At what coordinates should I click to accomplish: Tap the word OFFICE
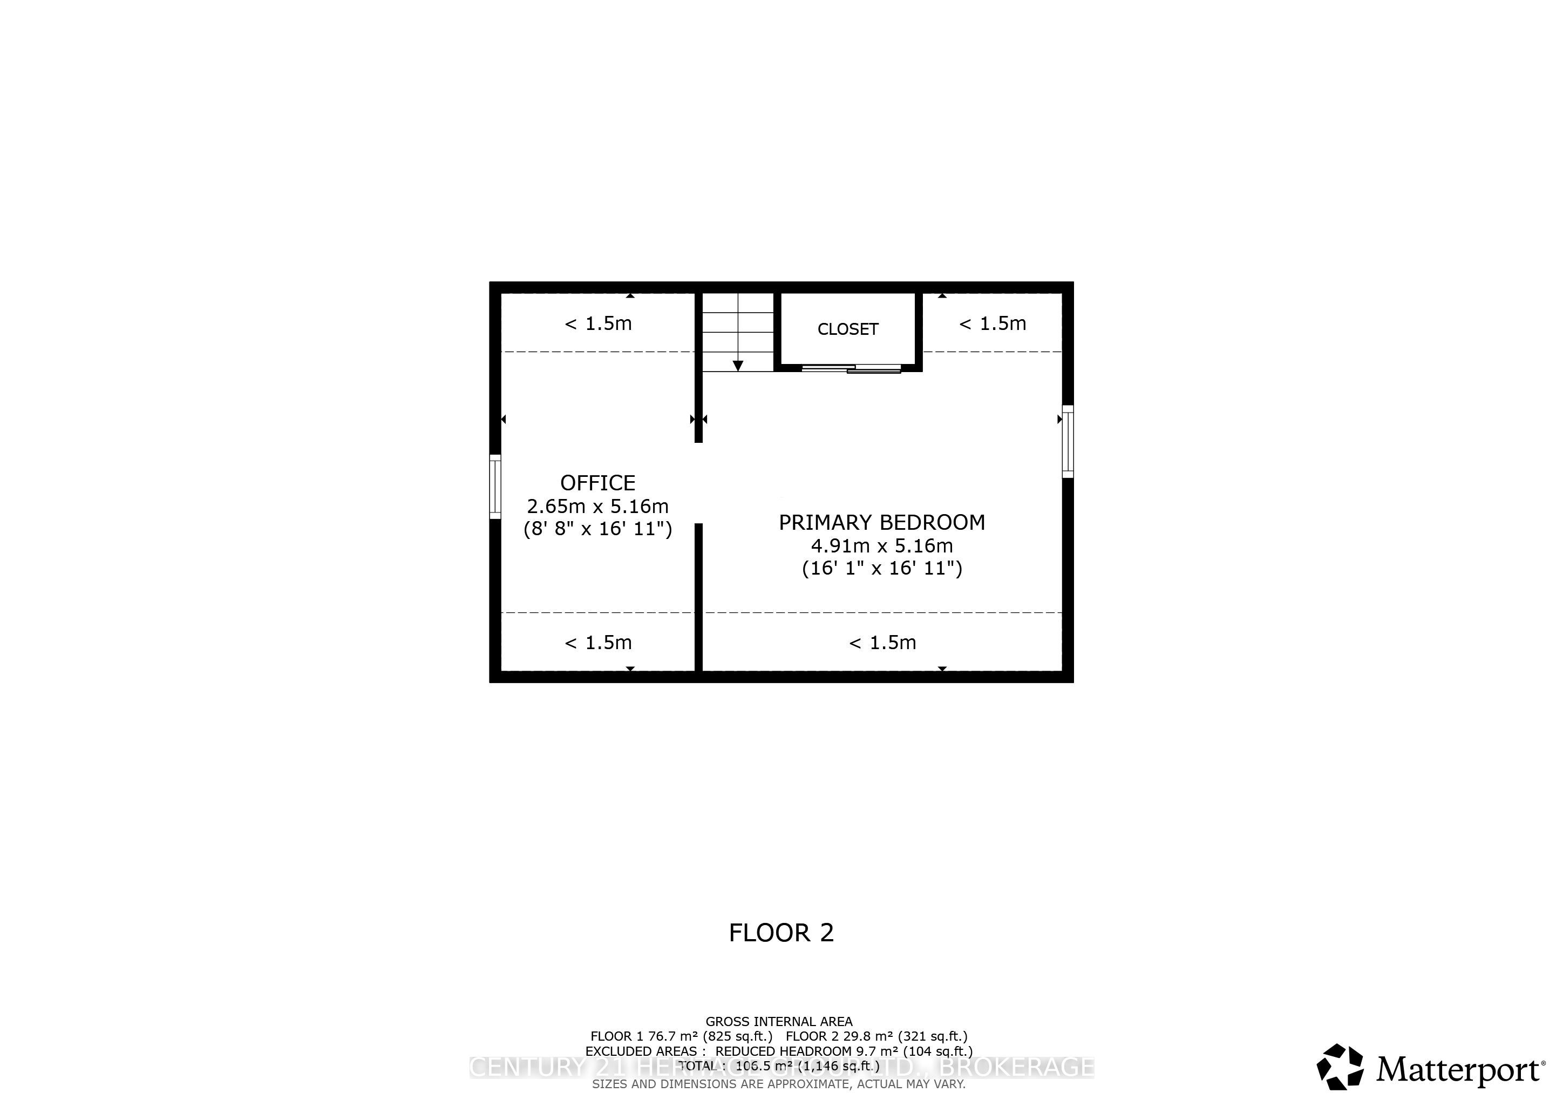pyautogui.click(x=597, y=483)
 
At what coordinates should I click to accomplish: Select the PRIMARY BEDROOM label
pyautogui.click(x=881, y=522)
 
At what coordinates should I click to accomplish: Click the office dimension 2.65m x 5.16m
pyautogui.click(x=597, y=506)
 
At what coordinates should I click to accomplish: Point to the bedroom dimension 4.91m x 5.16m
pyautogui.click(x=881, y=545)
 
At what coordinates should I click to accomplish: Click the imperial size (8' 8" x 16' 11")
pyautogui.click(x=597, y=529)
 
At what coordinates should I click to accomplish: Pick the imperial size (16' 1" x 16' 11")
pyautogui.click(x=881, y=568)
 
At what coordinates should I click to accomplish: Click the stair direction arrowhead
pyautogui.click(x=738, y=366)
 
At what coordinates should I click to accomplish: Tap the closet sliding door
pyautogui.click(x=852, y=369)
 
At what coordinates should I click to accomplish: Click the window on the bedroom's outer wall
pyautogui.click(x=1068, y=441)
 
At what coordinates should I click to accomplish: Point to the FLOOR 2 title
pyautogui.click(x=781, y=932)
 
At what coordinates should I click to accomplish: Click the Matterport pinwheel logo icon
pyautogui.click(x=1340, y=1067)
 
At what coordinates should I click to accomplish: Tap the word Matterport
pyautogui.click(x=1459, y=1069)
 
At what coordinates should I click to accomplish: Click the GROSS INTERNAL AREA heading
pyautogui.click(x=779, y=1022)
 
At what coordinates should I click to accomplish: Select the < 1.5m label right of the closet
pyautogui.click(x=993, y=323)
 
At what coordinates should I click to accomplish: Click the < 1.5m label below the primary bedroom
pyautogui.click(x=882, y=642)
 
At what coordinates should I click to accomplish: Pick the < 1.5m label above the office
pyautogui.click(x=597, y=323)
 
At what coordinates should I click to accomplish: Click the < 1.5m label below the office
pyautogui.click(x=597, y=642)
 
